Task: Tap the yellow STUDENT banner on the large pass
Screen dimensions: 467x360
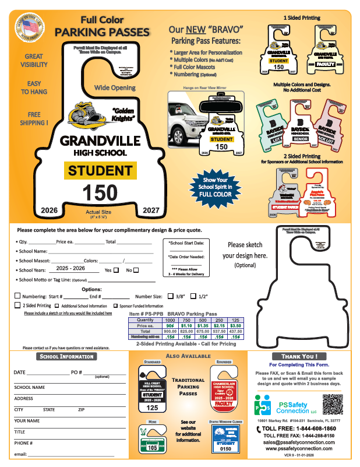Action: pyautogui.click(x=100, y=171)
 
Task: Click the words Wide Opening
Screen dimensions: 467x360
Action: pyautogui.click(x=115, y=87)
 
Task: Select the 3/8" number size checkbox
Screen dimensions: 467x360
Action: pyautogui.click(x=171, y=296)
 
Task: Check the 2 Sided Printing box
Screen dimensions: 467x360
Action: pyautogui.click(x=17, y=305)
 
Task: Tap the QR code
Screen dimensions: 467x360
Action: pyautogui.click(x=332, y=404)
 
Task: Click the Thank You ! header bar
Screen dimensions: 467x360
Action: pyautogui.click(x=299, y=357)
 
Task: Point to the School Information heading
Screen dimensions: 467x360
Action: pyautogui.click(x=66, y=357)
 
